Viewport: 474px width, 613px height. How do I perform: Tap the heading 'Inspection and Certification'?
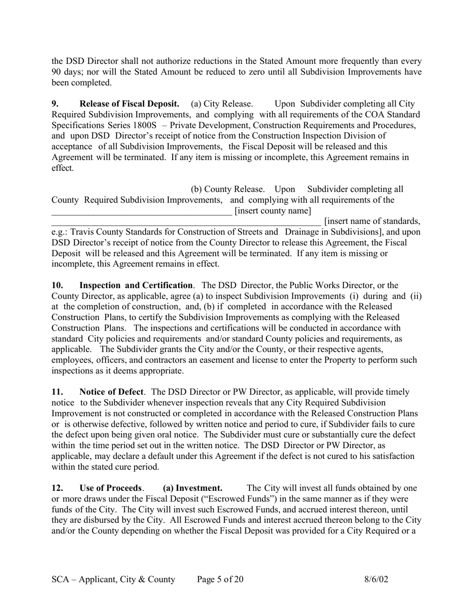(136, 285)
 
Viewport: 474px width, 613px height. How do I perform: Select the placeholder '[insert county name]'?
(272, 210)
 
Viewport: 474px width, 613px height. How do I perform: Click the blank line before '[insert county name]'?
(142, 211)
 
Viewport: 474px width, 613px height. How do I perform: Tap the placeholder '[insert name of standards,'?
(372, 221)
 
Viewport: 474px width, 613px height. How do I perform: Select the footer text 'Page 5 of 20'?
(220, 579)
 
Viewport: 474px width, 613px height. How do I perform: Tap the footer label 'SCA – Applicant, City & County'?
(113, 579)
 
